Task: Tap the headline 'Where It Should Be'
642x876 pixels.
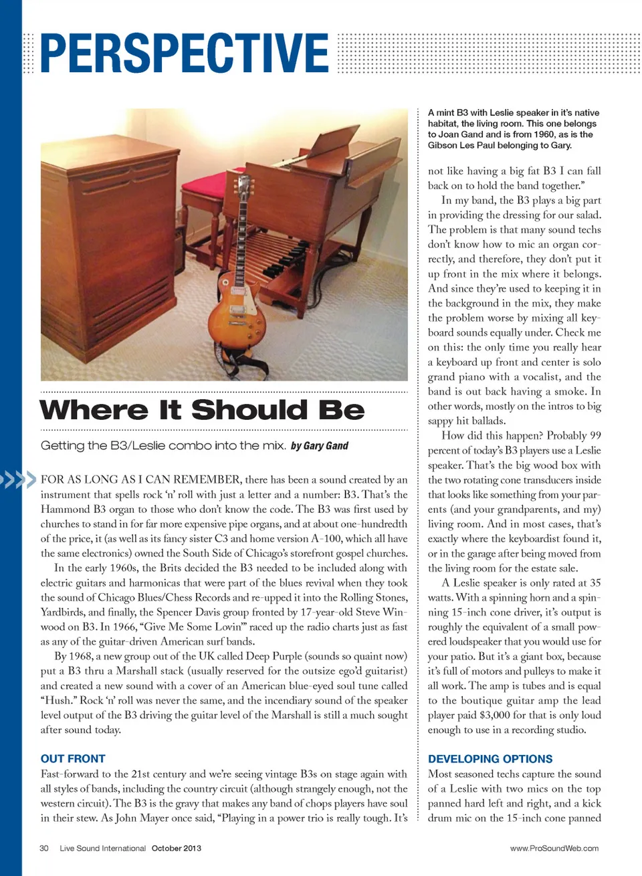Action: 202,410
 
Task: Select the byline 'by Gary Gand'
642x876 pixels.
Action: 320,446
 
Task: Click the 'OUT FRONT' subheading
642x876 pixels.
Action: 73,759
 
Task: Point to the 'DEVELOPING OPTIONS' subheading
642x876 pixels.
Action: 490,759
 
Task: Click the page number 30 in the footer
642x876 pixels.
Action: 44,849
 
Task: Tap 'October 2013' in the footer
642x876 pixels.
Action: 176,849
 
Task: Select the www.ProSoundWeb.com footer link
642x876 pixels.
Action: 554,849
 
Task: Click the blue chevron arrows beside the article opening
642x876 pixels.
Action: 18,479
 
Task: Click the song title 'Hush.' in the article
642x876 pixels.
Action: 58,701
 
